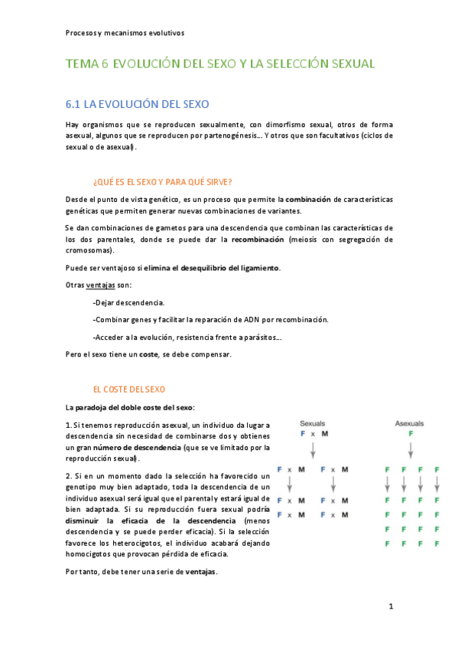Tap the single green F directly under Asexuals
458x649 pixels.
click(411, 433)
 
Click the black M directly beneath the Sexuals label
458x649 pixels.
click(325, 433)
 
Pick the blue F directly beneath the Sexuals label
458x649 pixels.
click(303, 433)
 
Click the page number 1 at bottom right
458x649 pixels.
click(390, 607)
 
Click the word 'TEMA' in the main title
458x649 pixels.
click(82, 64)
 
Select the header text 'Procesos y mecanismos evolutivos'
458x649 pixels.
click(125, 33)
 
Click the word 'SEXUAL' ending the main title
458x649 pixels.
click(349, 64)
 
